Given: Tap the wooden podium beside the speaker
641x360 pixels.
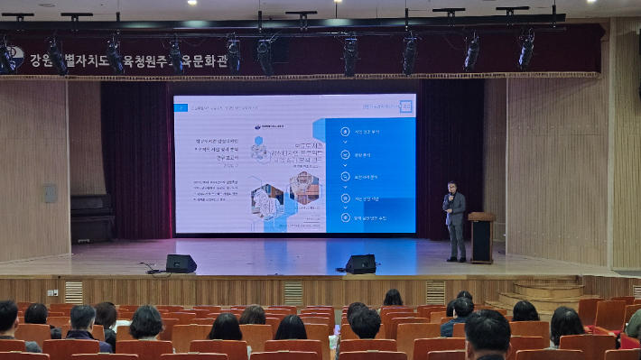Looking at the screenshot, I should coord(481,237).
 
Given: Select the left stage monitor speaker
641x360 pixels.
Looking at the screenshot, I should coord(181,263).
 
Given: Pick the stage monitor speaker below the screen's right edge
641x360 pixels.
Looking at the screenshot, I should coord(361,263).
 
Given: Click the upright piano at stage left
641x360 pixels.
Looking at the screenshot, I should coord(92,217).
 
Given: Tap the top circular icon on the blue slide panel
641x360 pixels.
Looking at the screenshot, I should coord(345,132).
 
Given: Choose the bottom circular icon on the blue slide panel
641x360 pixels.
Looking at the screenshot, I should coord(345,217).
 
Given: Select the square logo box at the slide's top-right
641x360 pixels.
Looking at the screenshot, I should coord(405,106).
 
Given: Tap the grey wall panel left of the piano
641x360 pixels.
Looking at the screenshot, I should coord(51,193).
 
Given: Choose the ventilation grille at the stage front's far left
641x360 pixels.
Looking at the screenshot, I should coord(73,292).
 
